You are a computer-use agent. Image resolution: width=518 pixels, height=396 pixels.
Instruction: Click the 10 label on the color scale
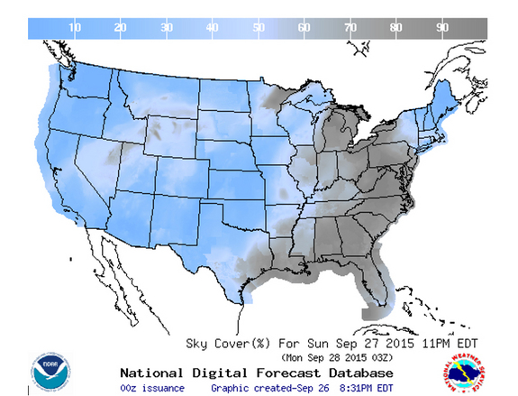tap(75, 28)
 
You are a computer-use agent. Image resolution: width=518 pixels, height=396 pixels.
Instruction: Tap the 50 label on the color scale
tap(259, 28)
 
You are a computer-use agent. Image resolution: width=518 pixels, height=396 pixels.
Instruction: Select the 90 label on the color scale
tap(442, 28)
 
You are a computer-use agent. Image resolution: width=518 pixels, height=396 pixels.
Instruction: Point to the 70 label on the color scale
tap(350, 28)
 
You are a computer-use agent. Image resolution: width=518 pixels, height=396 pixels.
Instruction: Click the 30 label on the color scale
tap(167, 28)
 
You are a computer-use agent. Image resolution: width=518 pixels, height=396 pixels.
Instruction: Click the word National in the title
tap(151, 373)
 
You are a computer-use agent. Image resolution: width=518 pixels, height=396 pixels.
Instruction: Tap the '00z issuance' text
tap(151, 388)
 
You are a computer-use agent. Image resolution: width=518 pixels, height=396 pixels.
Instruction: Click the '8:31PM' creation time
tap(360, 388)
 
